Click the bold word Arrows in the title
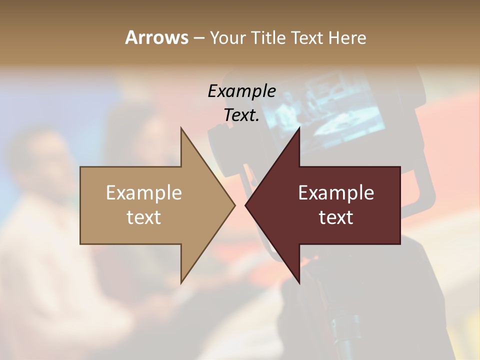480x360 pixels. coord(156,37)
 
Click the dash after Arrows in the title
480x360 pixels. coord(198,38)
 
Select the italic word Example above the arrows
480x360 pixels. coord(241,91)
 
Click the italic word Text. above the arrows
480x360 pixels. coord(241,115)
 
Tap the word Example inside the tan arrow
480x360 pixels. coord(144,193)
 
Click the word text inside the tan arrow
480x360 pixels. coord(144,217)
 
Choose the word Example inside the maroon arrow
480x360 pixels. coord(336,193)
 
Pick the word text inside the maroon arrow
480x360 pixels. coord(336,217)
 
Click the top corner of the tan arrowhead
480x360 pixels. coord(181,129)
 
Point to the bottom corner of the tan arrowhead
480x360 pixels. coord(181,282)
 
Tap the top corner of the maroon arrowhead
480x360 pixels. coord(299,129)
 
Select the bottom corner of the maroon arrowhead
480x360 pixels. coord(299,282)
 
